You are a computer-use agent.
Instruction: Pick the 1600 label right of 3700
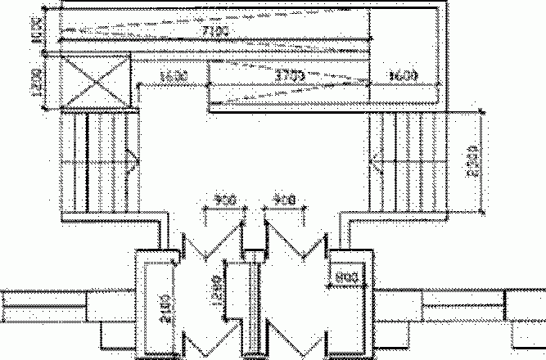tap(404, 76)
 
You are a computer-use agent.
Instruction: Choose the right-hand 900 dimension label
tap(284, 200)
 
